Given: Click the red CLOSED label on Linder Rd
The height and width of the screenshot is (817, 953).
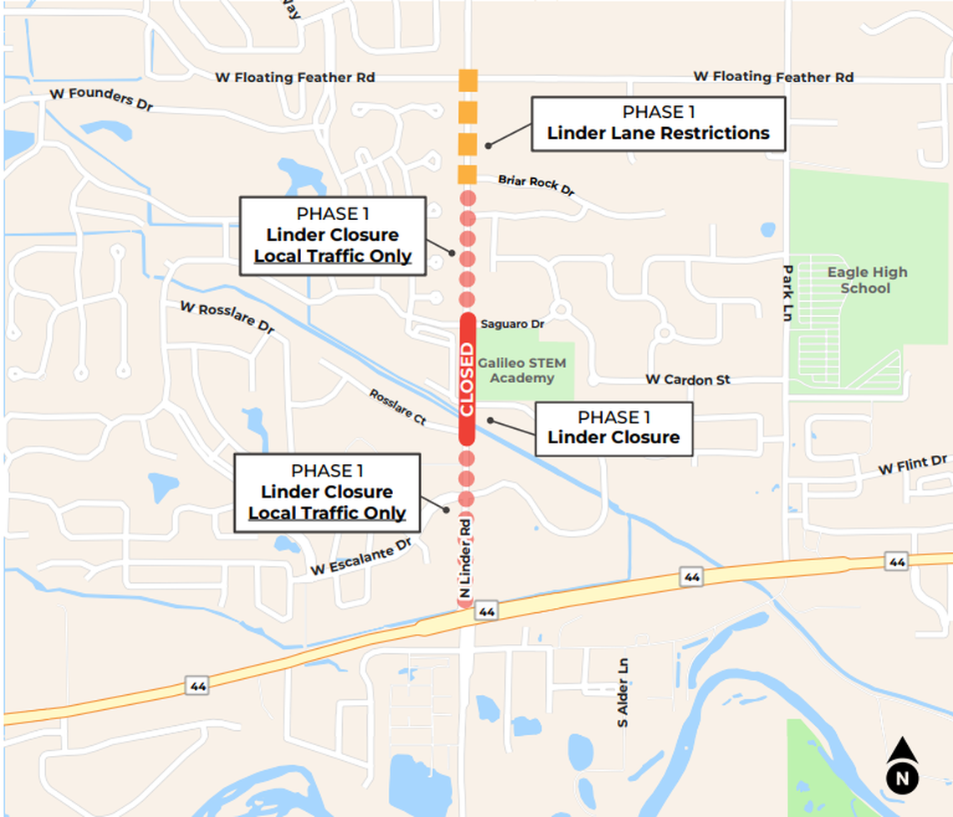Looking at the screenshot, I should tap(466, 379).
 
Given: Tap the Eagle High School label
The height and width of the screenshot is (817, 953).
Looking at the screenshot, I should tap(867, 280).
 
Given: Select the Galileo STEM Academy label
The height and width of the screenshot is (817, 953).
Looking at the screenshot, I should tap(522, 370).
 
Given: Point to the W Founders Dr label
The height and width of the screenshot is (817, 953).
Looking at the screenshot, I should tap(100, 100).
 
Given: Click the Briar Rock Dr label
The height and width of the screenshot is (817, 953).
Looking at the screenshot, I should tap(536, 185).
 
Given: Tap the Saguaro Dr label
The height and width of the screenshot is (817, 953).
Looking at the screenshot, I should tap(512, 324).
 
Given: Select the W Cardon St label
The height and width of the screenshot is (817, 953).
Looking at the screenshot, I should tap(687, 380).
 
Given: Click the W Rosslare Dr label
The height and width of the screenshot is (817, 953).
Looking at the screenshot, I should tap(227, 319).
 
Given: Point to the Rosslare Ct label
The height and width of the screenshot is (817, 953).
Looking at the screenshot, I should tap(397, 406).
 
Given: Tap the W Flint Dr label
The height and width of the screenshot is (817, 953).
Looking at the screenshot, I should tap(912, 467).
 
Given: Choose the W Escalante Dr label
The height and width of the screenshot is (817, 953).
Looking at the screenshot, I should tap(362, 558).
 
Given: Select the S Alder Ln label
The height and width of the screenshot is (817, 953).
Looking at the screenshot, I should tap(622, 692).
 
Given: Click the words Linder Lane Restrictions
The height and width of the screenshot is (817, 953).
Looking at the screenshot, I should tap(658, 133).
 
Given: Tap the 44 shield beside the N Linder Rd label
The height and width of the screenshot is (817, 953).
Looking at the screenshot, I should tap(487, 611).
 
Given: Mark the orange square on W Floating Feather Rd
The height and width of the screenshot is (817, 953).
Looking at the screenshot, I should tap(468, 80).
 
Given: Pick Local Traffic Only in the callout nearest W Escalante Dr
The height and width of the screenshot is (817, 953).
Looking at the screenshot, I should tap(327, 513).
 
